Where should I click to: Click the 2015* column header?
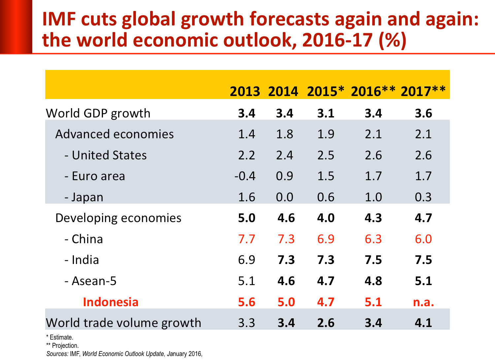tap(325, 91)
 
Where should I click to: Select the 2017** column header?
tap(423, 91)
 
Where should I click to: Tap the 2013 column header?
tap(245, 91)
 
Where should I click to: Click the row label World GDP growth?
tap(98, 113)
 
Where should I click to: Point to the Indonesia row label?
tap(111, 302)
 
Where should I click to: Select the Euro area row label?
tap(95, 176)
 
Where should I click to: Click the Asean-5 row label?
tap(90, 281)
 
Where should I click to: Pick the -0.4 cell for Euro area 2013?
tap(245, 176)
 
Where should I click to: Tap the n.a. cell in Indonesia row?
tap(423, 302)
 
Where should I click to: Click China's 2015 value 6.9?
tap(326, 239)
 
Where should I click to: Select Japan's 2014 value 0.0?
tap(284, 197)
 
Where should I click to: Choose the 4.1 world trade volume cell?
tap(423, 323)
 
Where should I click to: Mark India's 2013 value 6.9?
tap(247, 260)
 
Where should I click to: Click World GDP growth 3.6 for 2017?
tap(423, 113)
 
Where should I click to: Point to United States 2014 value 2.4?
tap(284, 155)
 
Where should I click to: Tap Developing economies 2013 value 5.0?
tap(247, 218)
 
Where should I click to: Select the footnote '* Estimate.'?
tap(60, 337)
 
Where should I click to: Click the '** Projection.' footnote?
tap(62, 345)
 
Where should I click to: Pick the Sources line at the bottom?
tap(124, 354)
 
